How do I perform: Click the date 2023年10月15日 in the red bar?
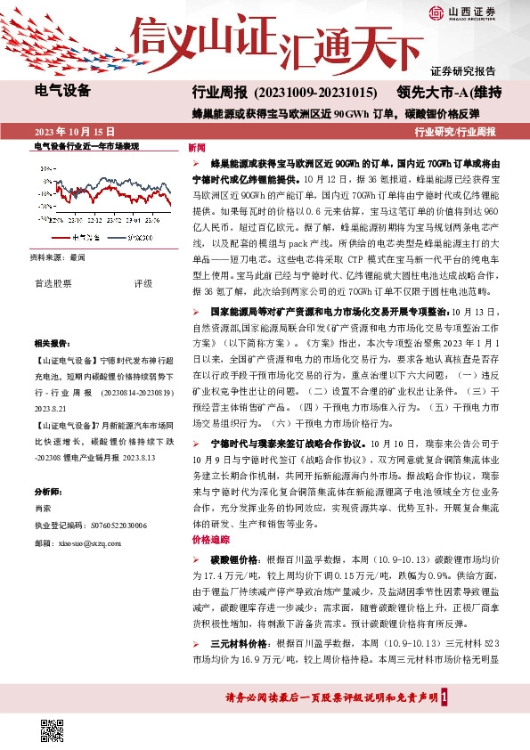click(75, 131)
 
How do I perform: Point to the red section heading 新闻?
click(197, 147)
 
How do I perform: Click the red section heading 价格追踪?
click(204, 541)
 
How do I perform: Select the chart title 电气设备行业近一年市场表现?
click(86, 146)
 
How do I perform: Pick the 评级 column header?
click(143, 284)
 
